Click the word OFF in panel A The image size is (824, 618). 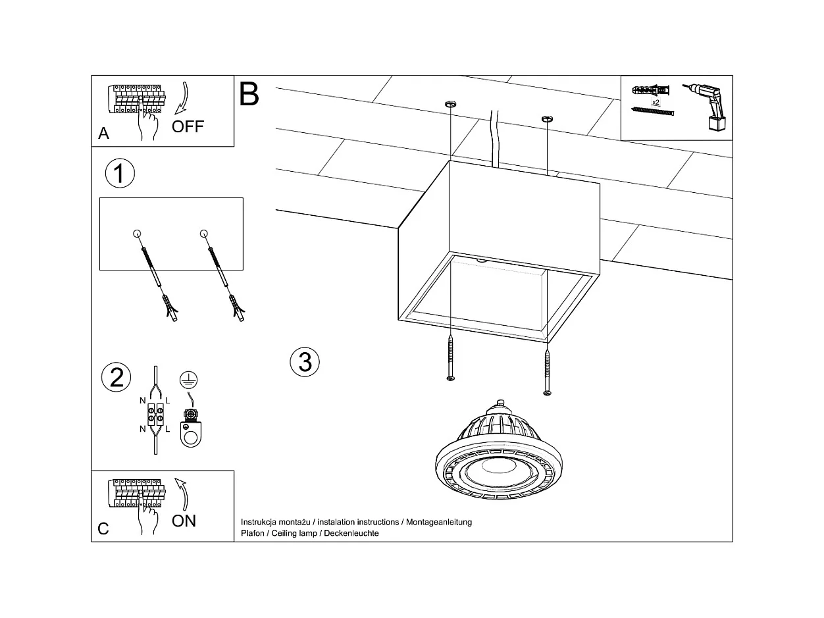click(x=188, y=126)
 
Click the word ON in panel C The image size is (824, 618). click(x=184, y=521)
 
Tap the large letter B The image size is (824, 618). click(x=249, y=94)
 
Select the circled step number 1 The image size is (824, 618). click(x=120, y=174)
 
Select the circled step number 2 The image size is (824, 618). click(x=116, y=378)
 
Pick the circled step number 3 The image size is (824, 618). click(x=305, y=361)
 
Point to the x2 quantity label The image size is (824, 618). click(x=656, y=103)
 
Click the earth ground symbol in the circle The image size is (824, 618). click(x=188, y=379)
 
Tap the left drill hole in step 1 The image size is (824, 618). click(x=137, y=233)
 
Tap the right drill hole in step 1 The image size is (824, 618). click(x=203, y=233)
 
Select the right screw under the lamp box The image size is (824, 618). click(x=547, y=373)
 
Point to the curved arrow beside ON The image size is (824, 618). click(x=182, y=494)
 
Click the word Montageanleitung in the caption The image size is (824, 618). click(x=439, y=522)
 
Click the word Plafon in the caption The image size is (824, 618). click(x=253, y=533)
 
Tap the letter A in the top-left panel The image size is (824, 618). click(x=103, y=134)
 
